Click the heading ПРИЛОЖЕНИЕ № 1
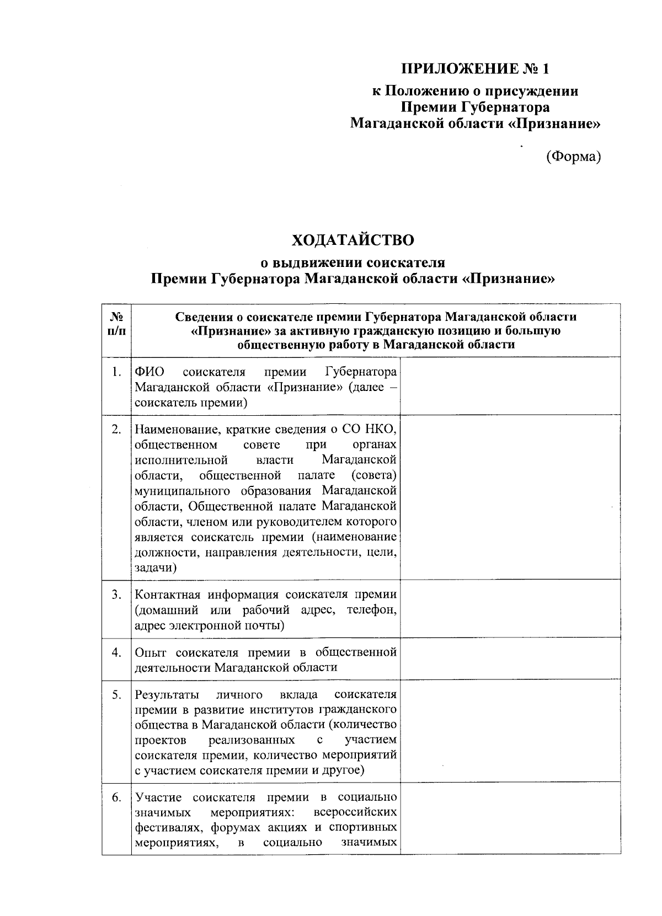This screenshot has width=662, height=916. tap(475, 69)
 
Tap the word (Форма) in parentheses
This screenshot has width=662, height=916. tap(573, 157)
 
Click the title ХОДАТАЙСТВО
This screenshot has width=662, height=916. tap(353, 240)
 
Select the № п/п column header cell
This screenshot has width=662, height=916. tap(116, 324)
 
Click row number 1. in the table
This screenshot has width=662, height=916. tap(116, 372)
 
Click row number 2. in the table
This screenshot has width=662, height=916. tap(116, 430)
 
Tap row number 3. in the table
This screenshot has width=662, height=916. tap(116, 594)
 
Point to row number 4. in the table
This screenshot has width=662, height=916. tap(116, 652)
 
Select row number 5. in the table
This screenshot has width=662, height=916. tap(116, 694)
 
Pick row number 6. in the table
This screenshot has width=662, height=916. tap(116, 797)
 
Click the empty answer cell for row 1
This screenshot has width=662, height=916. tap(510, 386)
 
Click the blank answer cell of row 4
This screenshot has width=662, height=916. tap(510, 659)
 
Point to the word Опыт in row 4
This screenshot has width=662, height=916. tap(151, 652)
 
